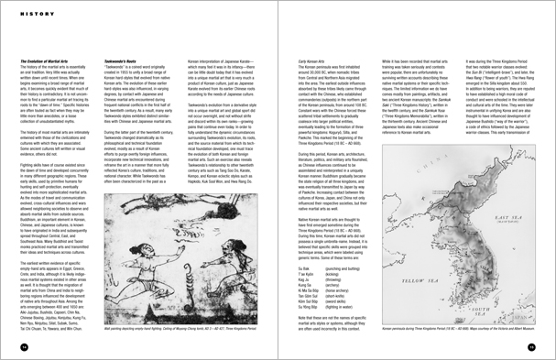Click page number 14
tap(25, 346)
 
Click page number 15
tap(530, 346)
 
